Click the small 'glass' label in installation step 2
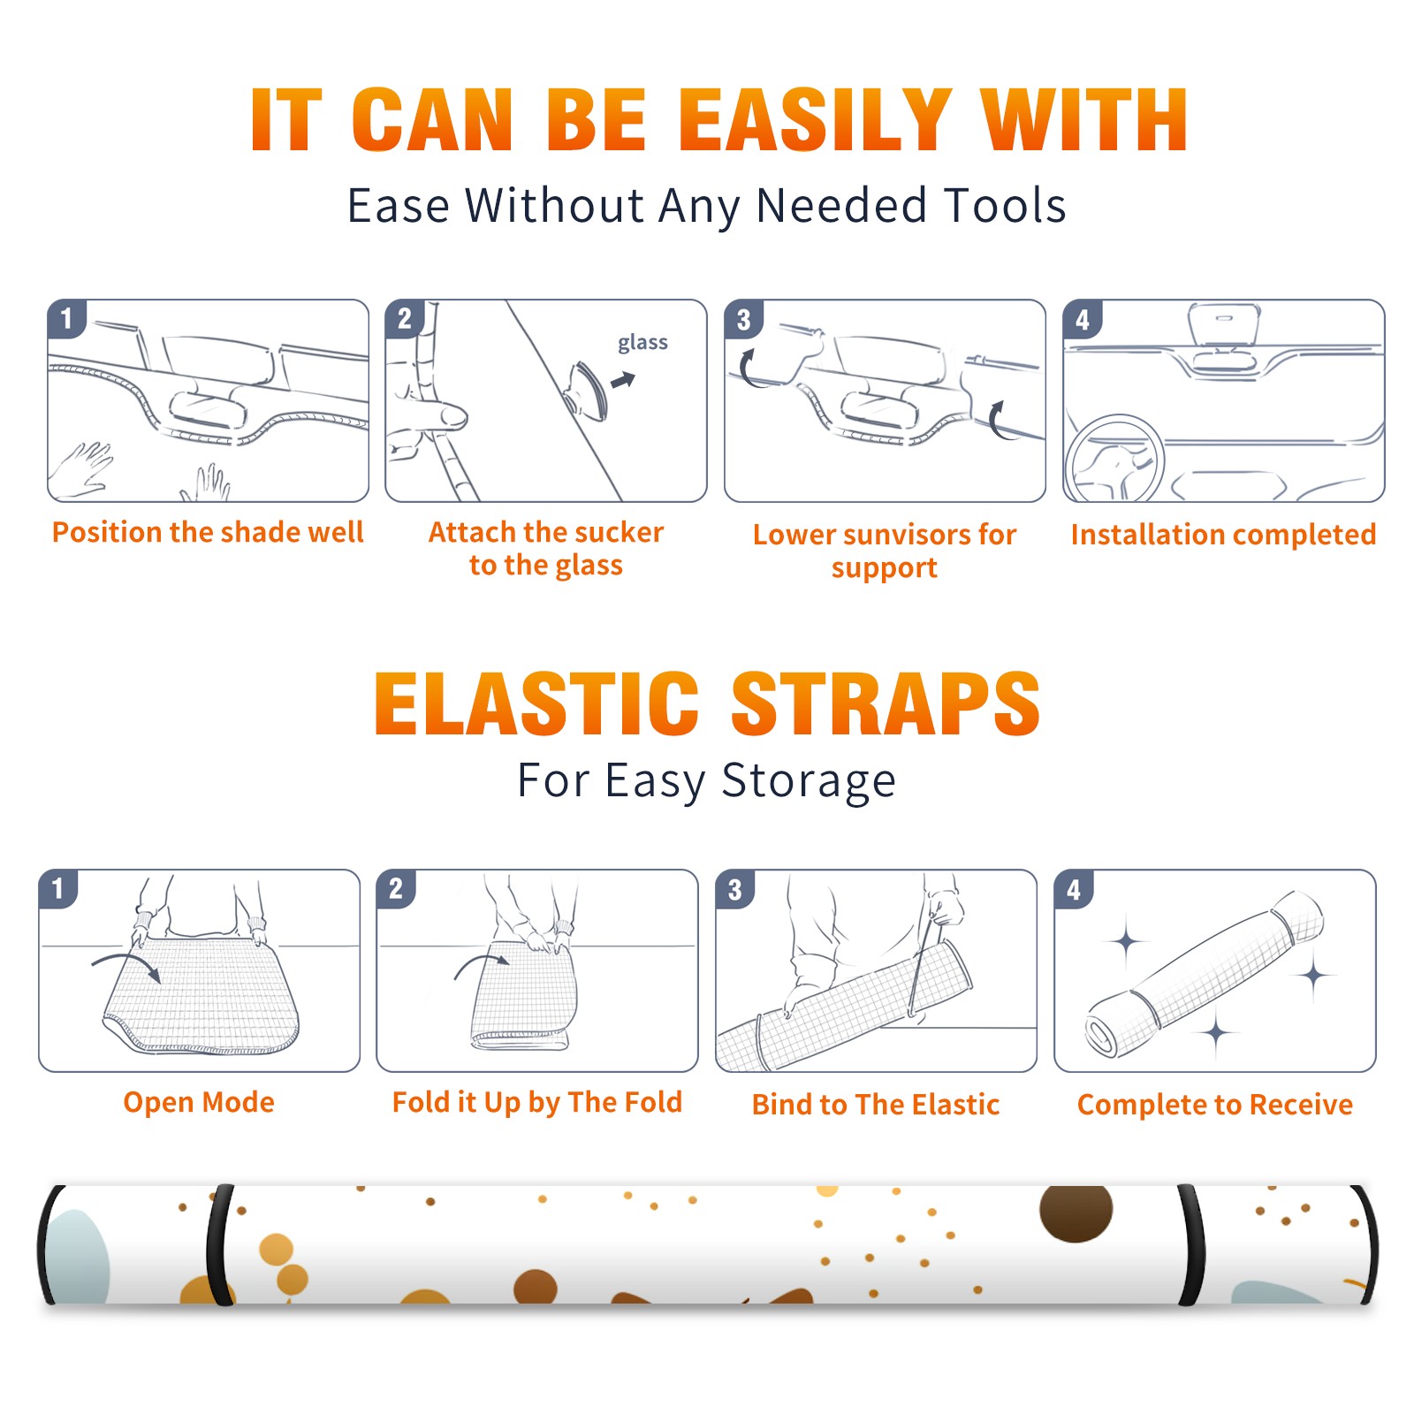point(642,343)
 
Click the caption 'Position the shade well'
point(208,532)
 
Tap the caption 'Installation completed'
point(1223,534)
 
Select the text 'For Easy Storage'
point(706,780)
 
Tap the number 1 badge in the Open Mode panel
point(58,888)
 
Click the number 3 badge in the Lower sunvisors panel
point(743,319)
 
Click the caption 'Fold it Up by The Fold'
point(537,1102)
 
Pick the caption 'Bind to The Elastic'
point(876,1104)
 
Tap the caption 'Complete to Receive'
point(1215,1104)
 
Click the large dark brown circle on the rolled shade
point(1076,1213)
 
